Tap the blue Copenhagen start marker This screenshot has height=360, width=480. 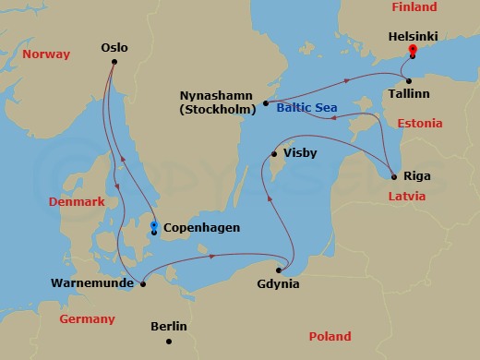tap(153, 225)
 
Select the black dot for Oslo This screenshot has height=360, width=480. tap(114, 62)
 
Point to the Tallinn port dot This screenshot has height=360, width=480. tap(407, 81)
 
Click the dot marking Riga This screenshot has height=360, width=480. tap(394, 176)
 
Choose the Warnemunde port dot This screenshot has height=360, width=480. tap(142, 284)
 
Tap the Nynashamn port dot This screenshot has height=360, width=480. tap(265, 103)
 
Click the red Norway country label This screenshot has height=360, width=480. tap(46, 54)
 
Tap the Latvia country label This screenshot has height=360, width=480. tap(406, 197)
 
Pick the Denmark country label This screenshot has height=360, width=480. tap(77, 201)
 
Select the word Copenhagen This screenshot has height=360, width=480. tap(201, 228)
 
